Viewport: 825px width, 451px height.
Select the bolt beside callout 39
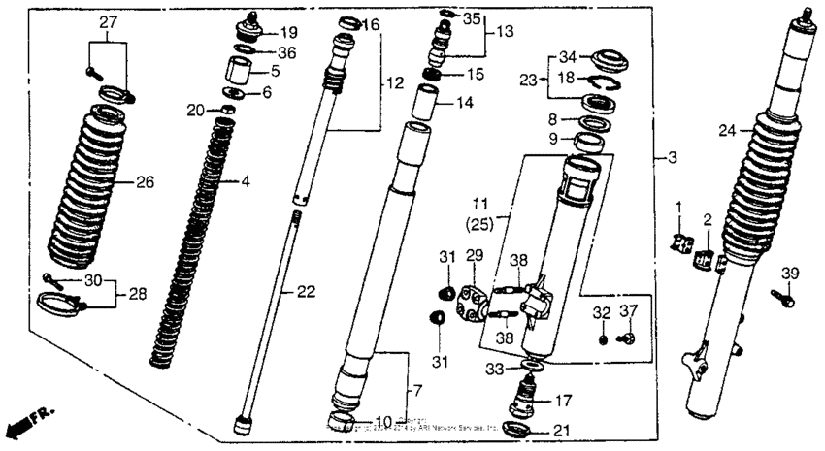point(782,298)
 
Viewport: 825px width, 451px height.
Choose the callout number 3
point(667,155)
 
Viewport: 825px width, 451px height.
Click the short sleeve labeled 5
point(239,73)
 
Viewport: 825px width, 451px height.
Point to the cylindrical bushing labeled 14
point(428,100)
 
